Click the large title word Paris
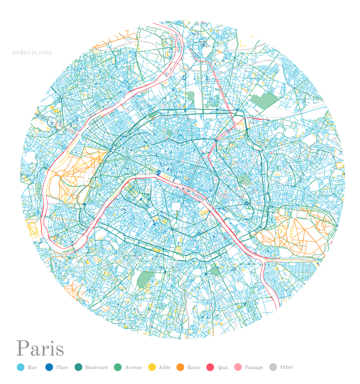click(40, 349)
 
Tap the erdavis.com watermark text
click(32, 52)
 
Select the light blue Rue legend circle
click(20, 368)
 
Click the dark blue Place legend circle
click(49, 368)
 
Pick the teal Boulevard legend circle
click(78, 368)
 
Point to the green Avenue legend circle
click(118, 368)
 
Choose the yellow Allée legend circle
click(151, 368)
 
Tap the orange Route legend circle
click(180, 368)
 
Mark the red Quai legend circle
click(210, 368)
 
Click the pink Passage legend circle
click(238, 368)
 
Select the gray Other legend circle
click(273, 368)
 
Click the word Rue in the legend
click(32, 368)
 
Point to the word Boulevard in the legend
click(96, 368)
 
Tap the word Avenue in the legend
click(133, 368)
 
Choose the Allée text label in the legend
click(164, 368)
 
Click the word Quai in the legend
click(223, 368)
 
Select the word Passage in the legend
click(254, 368)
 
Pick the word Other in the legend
click(286, 368)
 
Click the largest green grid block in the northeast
click(265, 101)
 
